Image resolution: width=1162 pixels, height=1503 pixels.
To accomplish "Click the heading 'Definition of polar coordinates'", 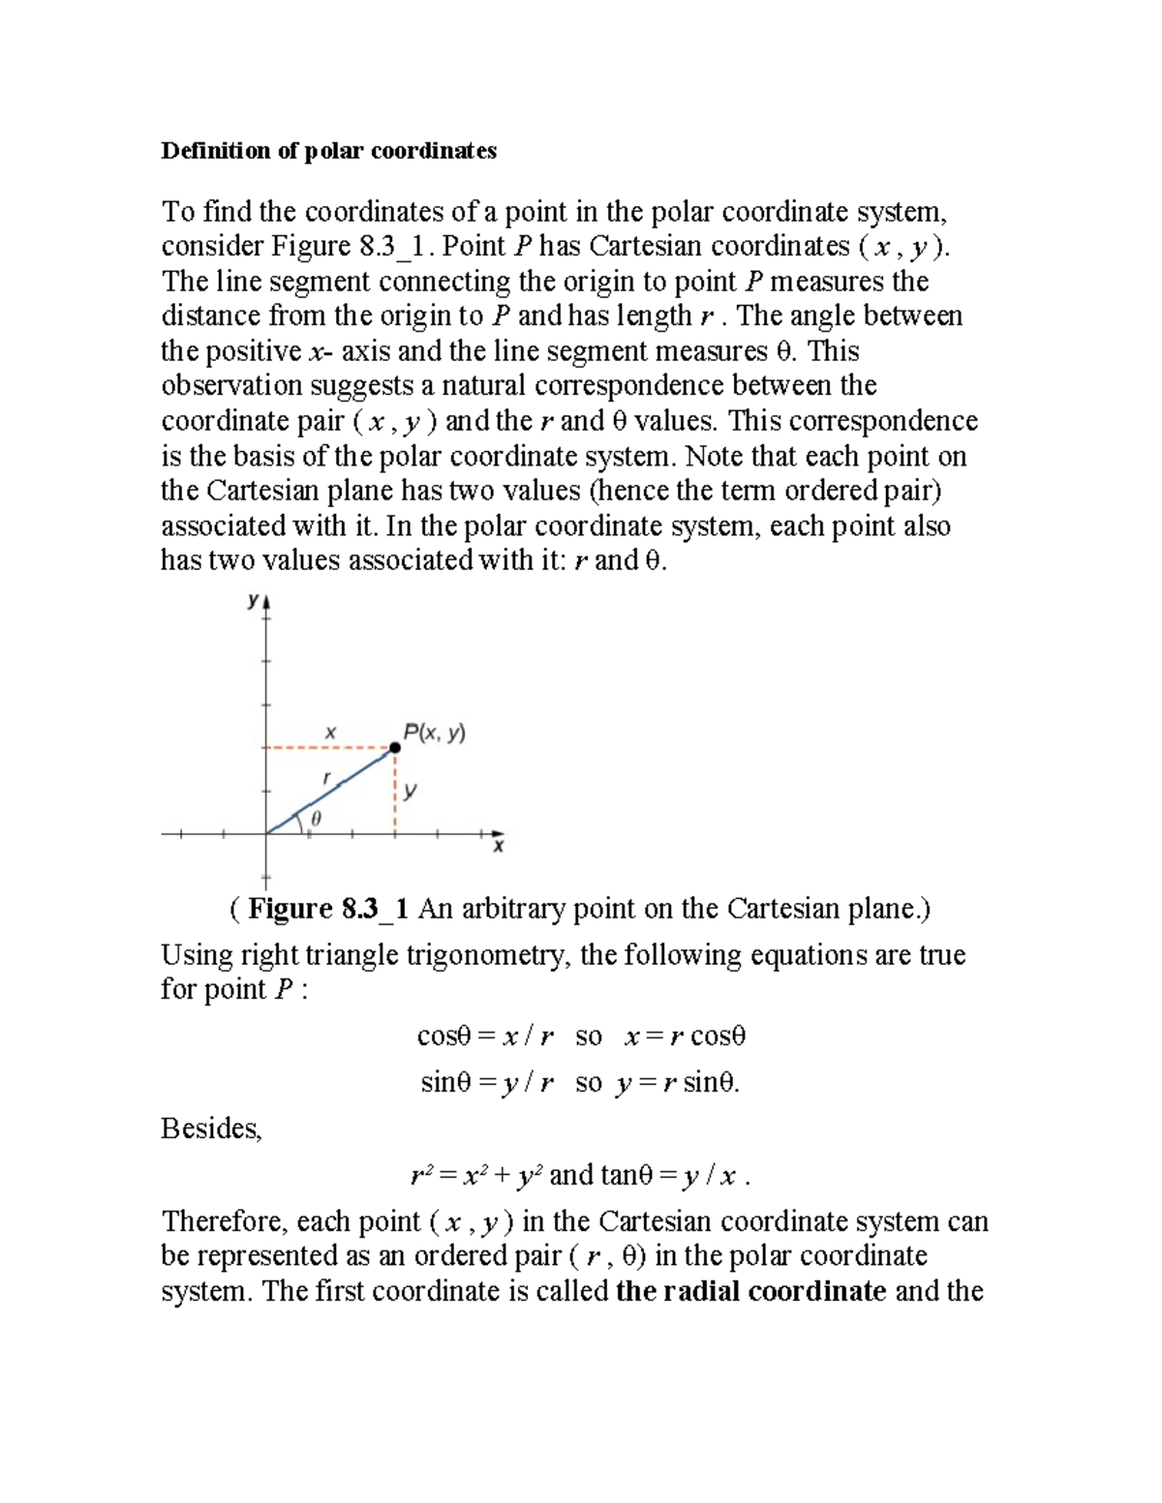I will [x=328, y=151].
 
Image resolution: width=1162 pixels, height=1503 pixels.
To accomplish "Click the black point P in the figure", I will [x=395, y=747].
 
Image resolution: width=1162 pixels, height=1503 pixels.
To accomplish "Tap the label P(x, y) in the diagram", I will [x=435, y=733].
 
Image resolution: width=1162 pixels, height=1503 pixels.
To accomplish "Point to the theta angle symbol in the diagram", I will [x=316, y=819].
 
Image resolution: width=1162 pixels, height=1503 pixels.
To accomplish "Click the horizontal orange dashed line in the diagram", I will [x=329, y=748].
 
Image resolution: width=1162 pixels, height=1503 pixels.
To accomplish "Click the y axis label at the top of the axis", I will [x=253, y=601].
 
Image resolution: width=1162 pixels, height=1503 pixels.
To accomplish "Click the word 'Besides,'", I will [x=211, y=1128].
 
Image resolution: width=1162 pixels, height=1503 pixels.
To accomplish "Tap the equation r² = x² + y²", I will [x=477, y=1176].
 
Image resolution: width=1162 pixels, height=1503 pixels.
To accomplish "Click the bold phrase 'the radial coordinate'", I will [x=750, y=1291].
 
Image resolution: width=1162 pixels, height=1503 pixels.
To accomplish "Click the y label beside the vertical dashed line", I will [x=412, y=791].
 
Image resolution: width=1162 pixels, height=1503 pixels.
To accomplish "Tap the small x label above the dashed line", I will [x=329, y=733].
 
